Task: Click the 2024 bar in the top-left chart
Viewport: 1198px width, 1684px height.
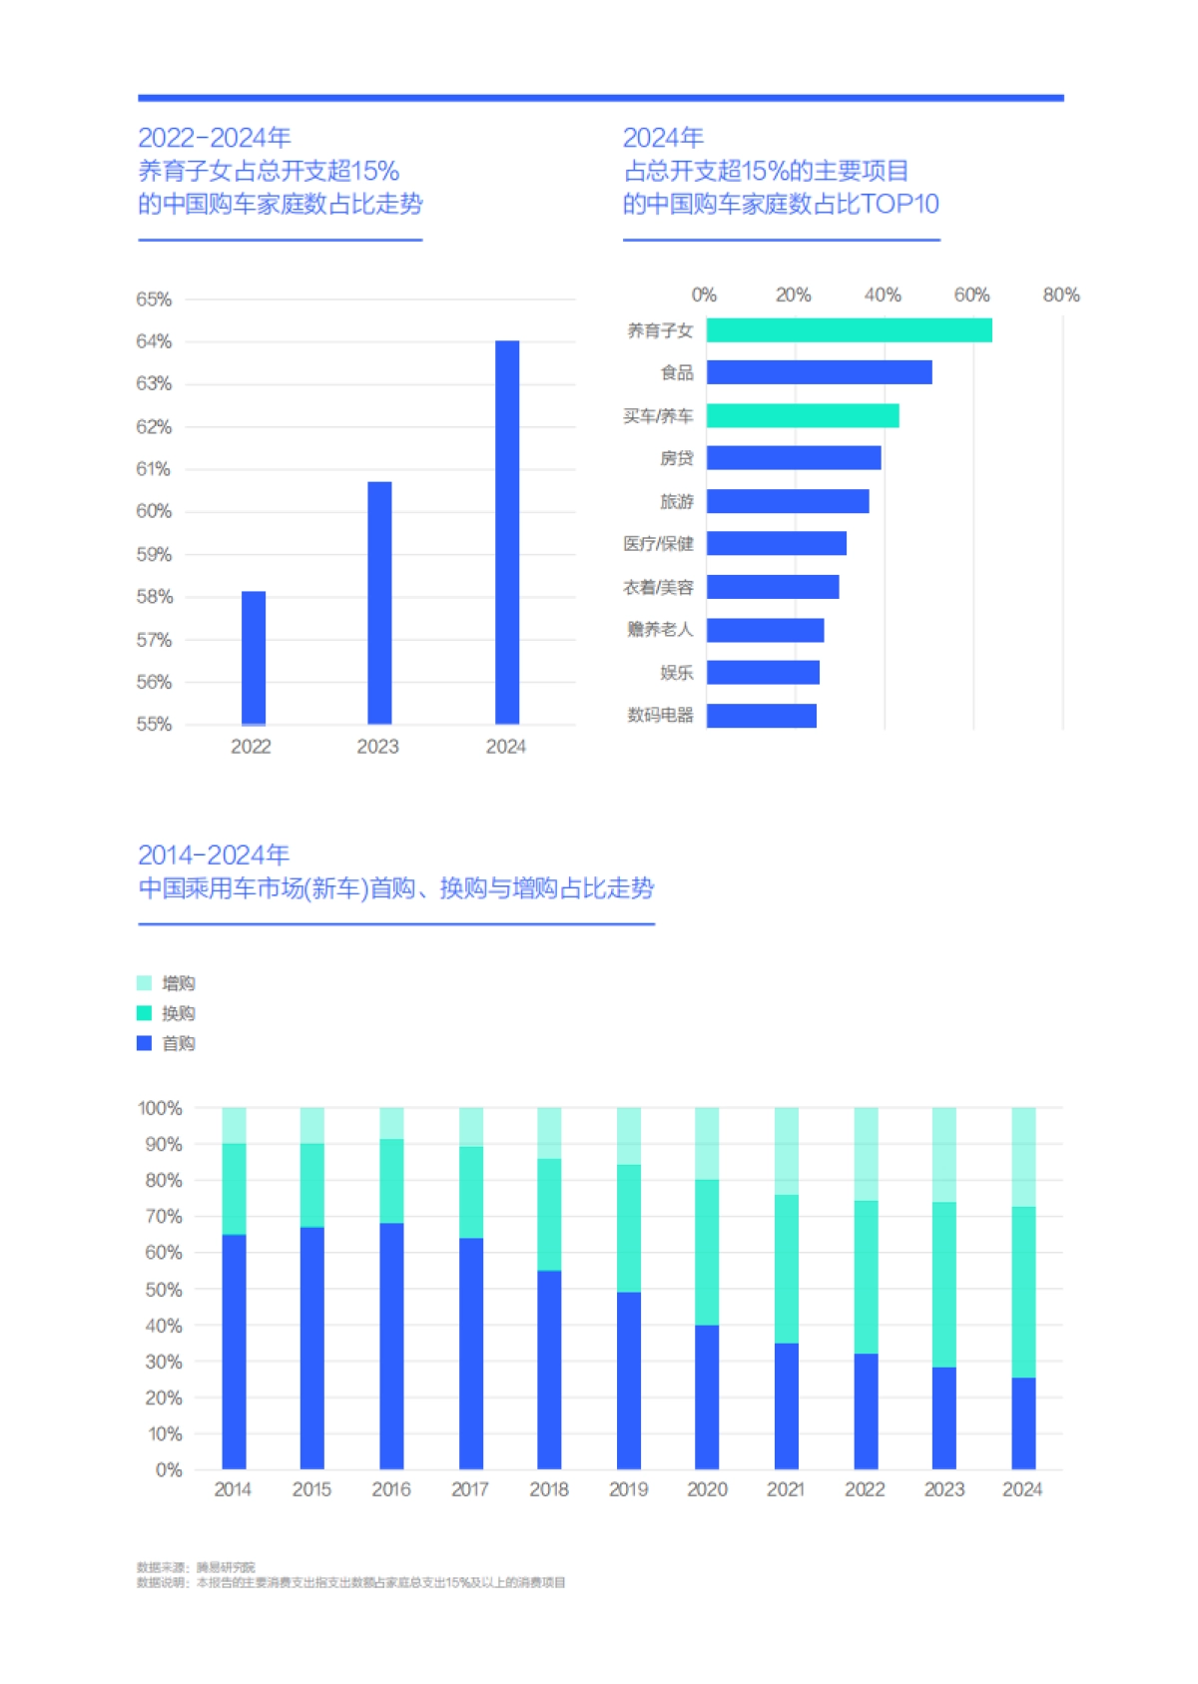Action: click(x=507, y=532)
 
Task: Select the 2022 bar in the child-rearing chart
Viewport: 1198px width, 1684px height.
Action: click(x=254, y=658)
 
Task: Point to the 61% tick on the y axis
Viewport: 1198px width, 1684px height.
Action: click(x=154, y=469)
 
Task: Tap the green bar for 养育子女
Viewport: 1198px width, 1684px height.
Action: click(x=849, y=330)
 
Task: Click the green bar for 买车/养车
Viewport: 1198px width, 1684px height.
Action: click(x=803, y=415)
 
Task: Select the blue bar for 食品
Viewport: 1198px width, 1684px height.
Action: click(x=819, y=372)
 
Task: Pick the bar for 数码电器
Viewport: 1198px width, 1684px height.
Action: click(x=761, y=716)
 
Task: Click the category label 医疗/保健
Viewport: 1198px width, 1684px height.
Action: click(x=658, y=544)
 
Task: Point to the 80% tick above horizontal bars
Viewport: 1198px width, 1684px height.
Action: click(x=1060, y=295)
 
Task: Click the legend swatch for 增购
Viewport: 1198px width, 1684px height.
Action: click(x=145, y=983)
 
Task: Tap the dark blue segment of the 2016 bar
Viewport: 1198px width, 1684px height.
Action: click(x=391, y=1346)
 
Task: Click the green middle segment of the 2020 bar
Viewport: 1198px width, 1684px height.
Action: click(x=707, y=1253)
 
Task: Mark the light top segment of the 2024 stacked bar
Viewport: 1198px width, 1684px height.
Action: click(x=1023, y=1157)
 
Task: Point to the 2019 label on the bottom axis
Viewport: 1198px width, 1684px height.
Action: click(x=628, y=1489)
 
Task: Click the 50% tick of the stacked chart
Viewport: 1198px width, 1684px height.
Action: click(x=163, y=1290)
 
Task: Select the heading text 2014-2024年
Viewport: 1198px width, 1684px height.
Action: click(x=214, y=855)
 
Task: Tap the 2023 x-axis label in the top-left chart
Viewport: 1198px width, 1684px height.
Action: click(x=377, y=747)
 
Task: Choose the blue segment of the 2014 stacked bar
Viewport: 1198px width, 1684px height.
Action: click(x=234, y=1352)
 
